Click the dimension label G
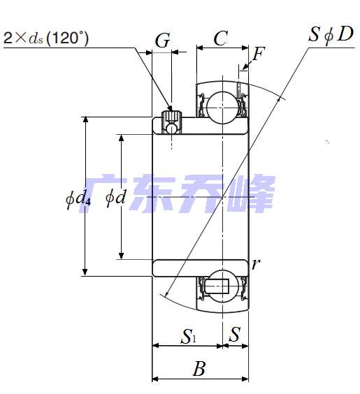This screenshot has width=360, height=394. click(x=162, y=41)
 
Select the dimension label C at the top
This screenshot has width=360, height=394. click(x=221, y=38)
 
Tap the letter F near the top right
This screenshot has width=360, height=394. click(x=259, y=54)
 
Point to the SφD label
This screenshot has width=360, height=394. click(x=331, y=34)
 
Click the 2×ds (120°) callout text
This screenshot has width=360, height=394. click(x=46, y=38)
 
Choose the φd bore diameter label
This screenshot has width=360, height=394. click(x=115, y=198)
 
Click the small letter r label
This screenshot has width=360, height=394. click(x=255, y=264)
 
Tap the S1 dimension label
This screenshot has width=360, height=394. click(x=188, y=336)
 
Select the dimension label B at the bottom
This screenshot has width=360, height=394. click(x=199, y=368)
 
